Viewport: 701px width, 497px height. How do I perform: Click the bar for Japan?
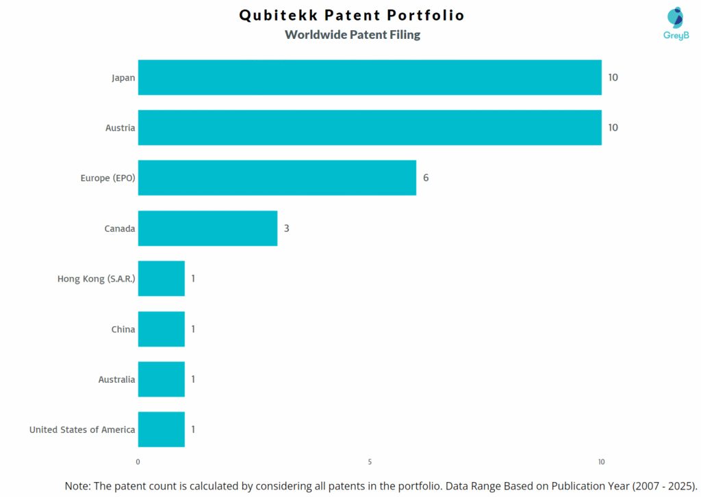370,77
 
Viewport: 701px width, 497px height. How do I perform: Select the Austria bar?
370,128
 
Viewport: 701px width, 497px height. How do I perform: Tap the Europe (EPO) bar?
277,178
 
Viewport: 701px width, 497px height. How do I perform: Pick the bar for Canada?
207,228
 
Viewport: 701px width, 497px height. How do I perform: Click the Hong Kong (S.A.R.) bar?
162,278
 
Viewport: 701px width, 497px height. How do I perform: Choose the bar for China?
162,329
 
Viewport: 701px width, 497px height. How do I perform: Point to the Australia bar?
162,379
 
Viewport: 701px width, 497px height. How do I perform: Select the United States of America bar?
162,429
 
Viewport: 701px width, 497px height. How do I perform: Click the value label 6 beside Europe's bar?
426,178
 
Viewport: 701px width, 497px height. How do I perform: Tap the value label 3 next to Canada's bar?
287,228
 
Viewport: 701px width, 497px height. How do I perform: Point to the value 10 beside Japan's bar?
613,77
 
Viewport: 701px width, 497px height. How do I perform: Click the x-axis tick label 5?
370,462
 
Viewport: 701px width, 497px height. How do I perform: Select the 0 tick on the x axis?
138,462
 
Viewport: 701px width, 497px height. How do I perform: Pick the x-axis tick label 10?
601,462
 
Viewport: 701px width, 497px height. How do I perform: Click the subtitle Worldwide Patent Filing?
353,34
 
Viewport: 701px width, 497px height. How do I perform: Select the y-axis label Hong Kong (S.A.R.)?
97,279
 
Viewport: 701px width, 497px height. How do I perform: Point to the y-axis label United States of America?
82,430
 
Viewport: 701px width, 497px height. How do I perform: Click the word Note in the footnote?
77,485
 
